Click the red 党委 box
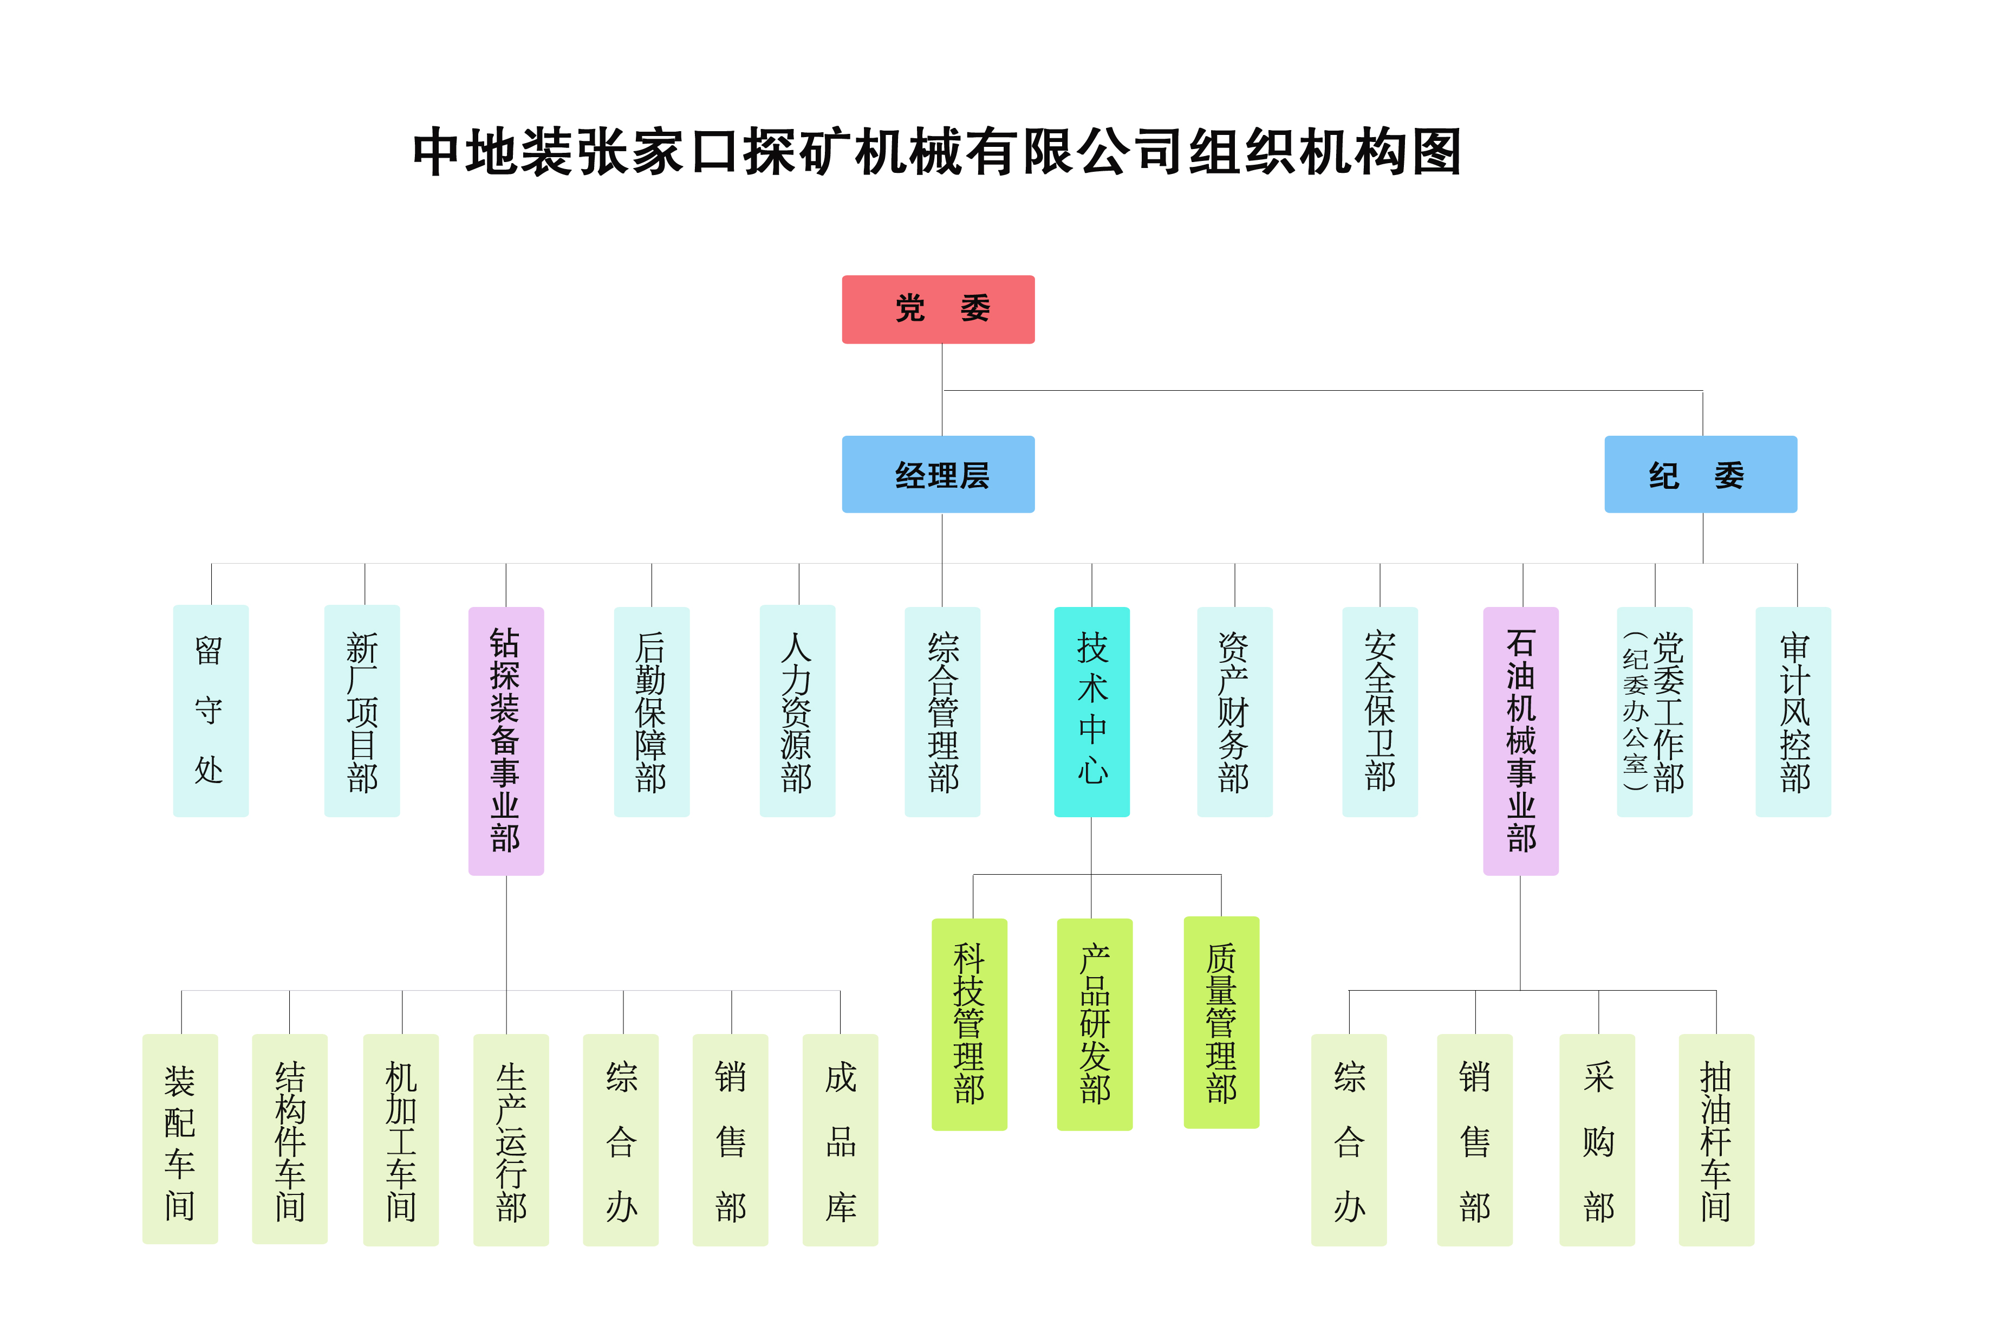938,309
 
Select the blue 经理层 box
938,474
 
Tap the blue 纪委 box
1701,474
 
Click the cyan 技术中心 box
1091,712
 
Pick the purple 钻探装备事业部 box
505,741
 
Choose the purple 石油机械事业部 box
1521,741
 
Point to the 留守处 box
211,710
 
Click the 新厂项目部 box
362,710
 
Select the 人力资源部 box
797,710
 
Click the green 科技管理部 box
969,1024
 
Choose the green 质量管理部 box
1221,1023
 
